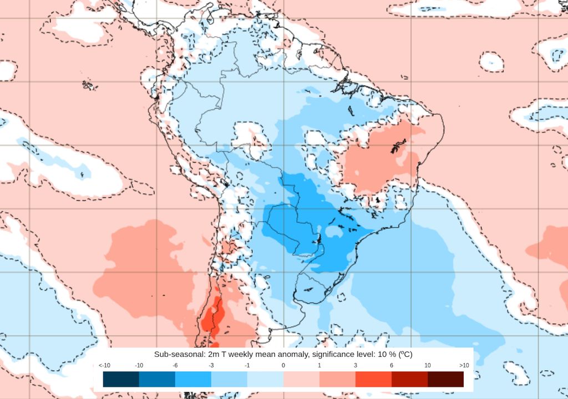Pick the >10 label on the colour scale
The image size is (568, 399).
[x=464, y=365]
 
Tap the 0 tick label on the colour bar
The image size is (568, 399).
[x=283, y=365]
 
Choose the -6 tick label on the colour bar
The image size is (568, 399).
[x=175, y=365]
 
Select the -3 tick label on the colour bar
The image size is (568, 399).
[x=211, y=365]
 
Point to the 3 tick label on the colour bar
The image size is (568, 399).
[x=356, y=365]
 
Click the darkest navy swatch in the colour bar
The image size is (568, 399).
[x=121, y=379]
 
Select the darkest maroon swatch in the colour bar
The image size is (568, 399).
[x=445, y=379]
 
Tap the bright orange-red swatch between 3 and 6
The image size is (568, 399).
[x=373, y=379]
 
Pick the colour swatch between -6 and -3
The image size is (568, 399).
[x=193, y=379]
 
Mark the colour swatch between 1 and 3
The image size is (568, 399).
[x=337, y=379]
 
